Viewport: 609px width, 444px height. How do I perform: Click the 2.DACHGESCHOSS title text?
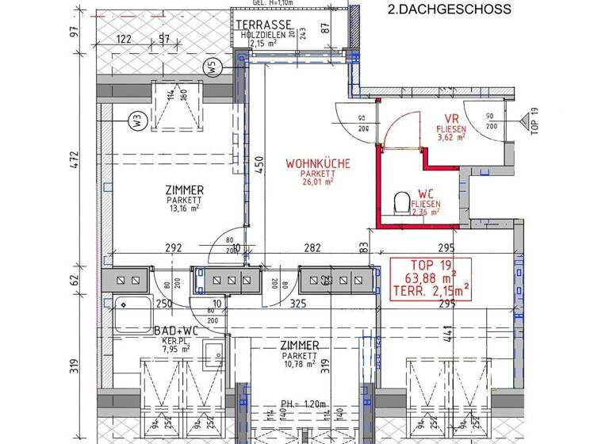click(x=449, y=10)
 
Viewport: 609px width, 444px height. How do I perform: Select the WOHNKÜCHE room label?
click(x=317, y=164)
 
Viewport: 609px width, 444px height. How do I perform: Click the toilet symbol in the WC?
click(x=401, y=203)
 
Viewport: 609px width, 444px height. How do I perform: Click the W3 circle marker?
click(x=137, y=122)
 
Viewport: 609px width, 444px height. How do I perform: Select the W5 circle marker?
click(x=212, y=68)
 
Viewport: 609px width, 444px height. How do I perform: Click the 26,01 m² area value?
click(x=317, y=182)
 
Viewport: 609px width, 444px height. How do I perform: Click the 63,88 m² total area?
click(x=430, y=277)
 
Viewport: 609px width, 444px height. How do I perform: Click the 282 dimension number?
click(x=312, y=248)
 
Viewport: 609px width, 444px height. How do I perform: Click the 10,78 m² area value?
click(x=299, y=366)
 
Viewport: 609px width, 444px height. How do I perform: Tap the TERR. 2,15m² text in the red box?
click(x=430, y=290)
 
